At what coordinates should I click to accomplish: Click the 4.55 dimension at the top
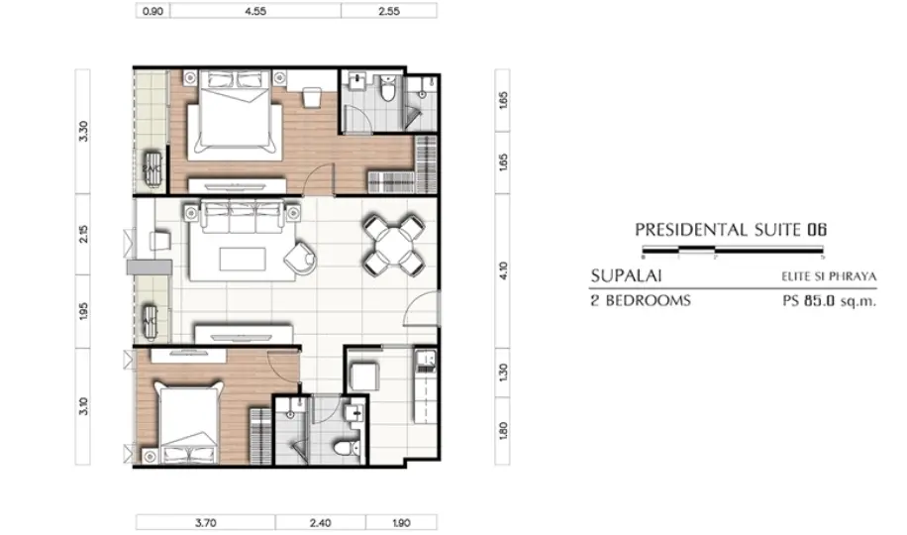tap(255, 11)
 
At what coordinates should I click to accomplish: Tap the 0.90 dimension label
tap(152, 11)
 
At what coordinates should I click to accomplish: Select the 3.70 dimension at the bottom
tap(205, 523)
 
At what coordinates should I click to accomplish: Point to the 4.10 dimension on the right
tap(503, 271)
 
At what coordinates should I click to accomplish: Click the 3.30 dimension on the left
tap(83, 132)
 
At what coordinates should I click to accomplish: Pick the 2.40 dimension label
tap(320, 523)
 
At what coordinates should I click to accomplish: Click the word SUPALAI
tap(626, 275)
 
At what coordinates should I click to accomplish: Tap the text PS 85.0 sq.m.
tap(830, 301)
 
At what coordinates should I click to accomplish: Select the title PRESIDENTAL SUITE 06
tap(731, 230)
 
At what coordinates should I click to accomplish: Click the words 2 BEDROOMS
tap(641, 301)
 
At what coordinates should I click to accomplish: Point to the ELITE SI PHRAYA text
tap(829, 276)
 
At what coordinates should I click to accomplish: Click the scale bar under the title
tap(733, 250)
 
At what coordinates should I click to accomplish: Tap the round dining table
tap(393, 245)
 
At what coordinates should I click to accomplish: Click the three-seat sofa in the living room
tap(243, 215)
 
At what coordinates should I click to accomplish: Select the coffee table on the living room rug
tap(243, 259)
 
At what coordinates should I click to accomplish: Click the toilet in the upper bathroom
tap(387, 88)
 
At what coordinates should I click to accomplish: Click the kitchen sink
tap(426, 361)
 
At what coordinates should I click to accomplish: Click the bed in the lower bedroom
tap(189, 421)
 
